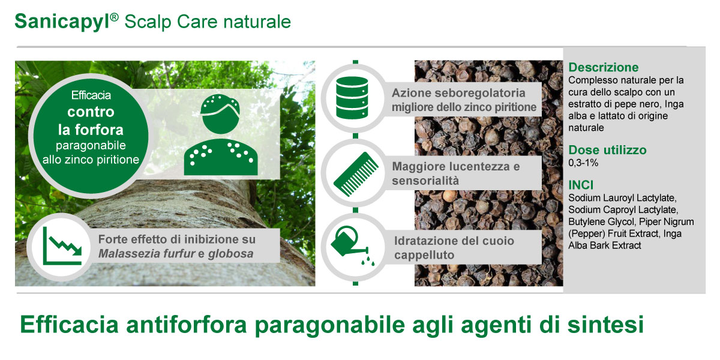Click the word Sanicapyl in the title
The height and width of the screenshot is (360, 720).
point(62,22)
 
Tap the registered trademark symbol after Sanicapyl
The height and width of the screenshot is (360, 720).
point(115,17)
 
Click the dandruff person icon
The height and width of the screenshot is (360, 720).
point(221,134)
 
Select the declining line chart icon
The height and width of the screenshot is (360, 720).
point(62,246)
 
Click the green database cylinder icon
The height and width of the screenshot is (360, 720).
point(352,98)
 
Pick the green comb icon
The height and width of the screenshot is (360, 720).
point(356,174)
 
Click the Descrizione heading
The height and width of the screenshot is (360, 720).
point(604,67)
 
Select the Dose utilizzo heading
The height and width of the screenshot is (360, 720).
point(607,150)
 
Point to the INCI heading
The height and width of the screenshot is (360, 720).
point(581,185)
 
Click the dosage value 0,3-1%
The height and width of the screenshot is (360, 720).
point(583,163)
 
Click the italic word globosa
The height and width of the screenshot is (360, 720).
point(230,254)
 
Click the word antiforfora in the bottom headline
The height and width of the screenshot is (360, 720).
point(186,325)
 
